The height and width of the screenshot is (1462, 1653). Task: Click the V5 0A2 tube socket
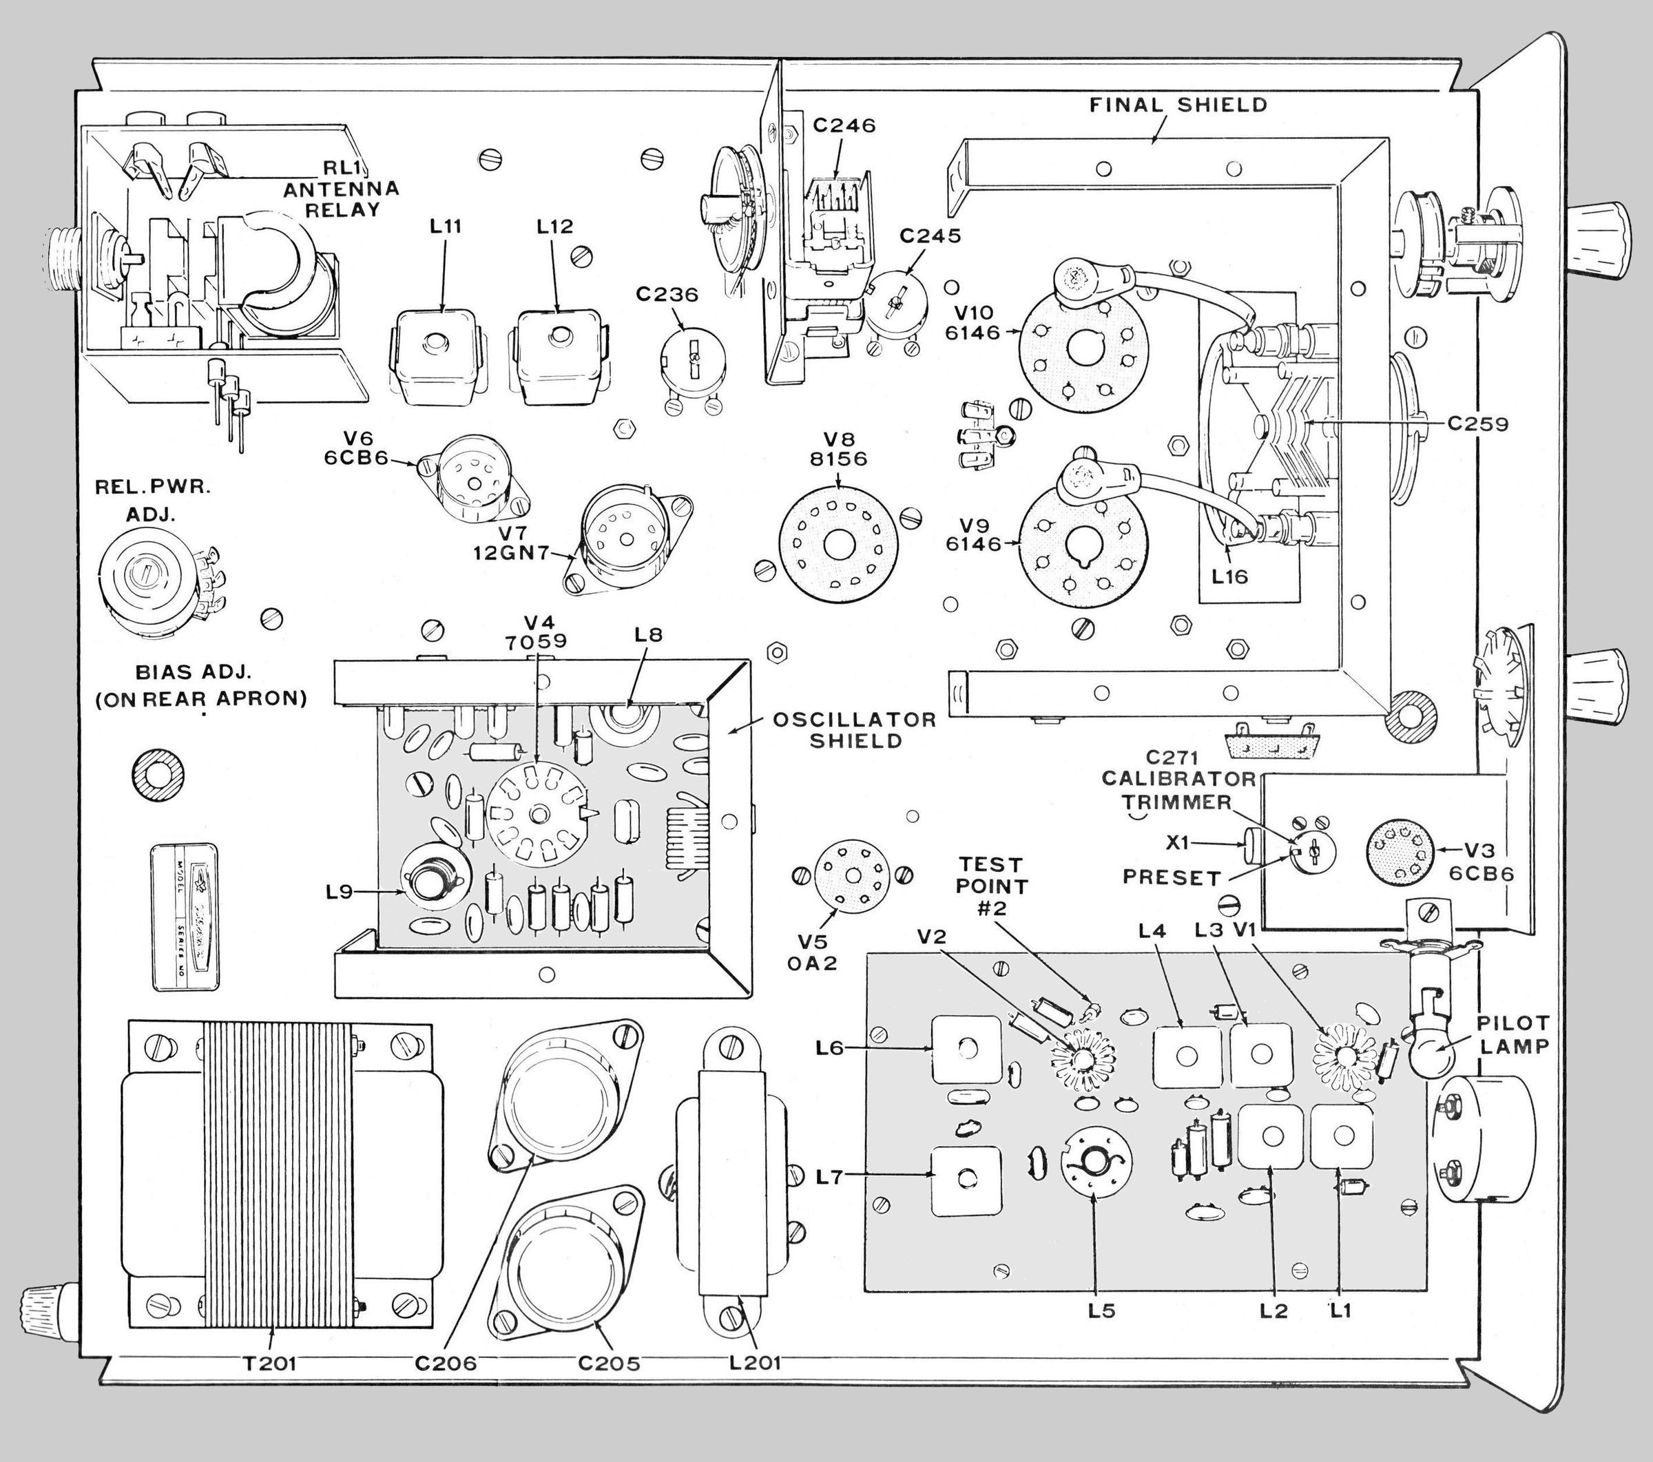point(853,875)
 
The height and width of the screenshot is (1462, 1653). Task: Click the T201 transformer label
point(270,1364)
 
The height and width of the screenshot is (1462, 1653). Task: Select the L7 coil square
point(965,1178)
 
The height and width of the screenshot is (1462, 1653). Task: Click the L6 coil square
point(966,1049)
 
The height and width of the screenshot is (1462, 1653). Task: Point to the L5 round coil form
point(1096,1162)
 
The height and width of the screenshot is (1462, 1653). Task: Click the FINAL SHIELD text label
point(1178,105)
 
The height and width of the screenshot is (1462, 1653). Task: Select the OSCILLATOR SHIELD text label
point(855,730)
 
